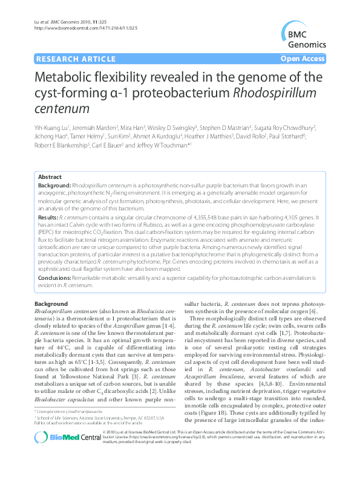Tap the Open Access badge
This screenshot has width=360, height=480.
point(304,59)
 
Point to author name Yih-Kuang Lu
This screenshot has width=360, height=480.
point(51,128)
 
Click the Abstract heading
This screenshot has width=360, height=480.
point(50,177)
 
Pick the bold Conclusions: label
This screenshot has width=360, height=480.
point(56,276)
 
